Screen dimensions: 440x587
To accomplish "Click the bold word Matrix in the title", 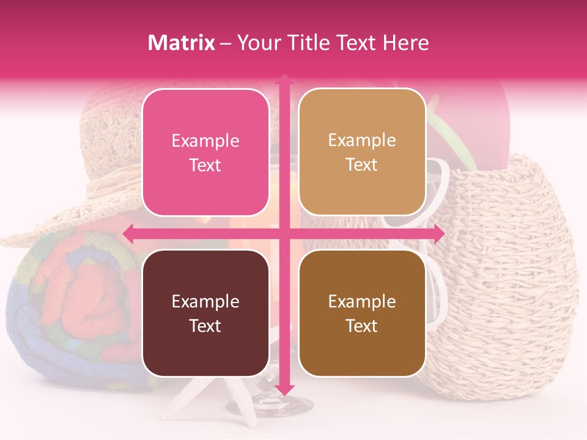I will [x=182, y=43].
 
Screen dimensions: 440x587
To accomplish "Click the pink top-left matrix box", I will [x=205, y=152].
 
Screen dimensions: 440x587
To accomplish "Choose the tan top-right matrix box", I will [x=362, y=152].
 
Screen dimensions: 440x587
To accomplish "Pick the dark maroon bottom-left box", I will [x=205, y=313].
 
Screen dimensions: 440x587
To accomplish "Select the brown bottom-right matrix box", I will [x=362, y=313].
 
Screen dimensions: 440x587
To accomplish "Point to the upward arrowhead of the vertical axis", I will [x=284, y=80].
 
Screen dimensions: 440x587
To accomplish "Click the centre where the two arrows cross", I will [x=284, y=233].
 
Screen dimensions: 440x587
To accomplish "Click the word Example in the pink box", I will [x=205, y=141].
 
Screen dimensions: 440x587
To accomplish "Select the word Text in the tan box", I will [x=362, y=165].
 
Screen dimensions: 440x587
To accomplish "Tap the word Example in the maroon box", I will [x=205, y=301].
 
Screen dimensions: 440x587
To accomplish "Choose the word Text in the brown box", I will [x=362, y=326].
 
